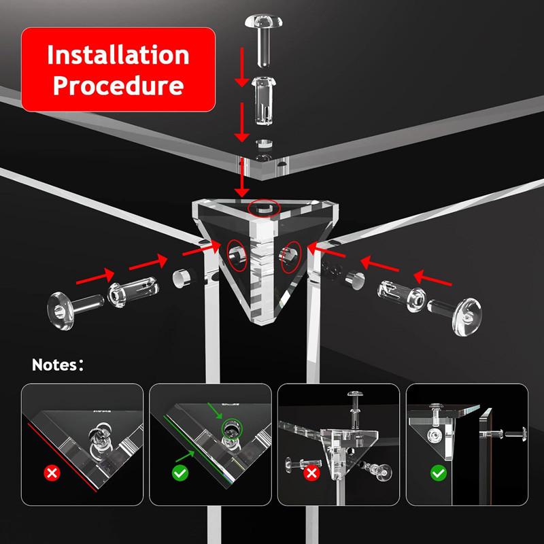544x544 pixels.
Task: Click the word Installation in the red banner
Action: [118, 55]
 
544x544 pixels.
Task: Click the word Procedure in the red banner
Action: [118, 86]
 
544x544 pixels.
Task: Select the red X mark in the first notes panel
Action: [52, 473]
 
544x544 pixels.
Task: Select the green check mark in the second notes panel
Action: [180, 473]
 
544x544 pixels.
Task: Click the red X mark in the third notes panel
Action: [311, 473]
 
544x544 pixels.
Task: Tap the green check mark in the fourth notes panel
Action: [439, 473]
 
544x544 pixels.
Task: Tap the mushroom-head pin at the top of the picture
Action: [264, 39]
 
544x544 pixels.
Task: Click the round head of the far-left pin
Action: [61, 311]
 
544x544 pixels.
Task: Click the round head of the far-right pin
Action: [467, 316]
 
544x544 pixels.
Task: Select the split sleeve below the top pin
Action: [264, 101]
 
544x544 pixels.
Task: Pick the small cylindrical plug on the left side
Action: [182, 279]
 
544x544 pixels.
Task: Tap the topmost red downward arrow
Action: [242, 67]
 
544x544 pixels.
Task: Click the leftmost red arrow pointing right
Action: [95, 276]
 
